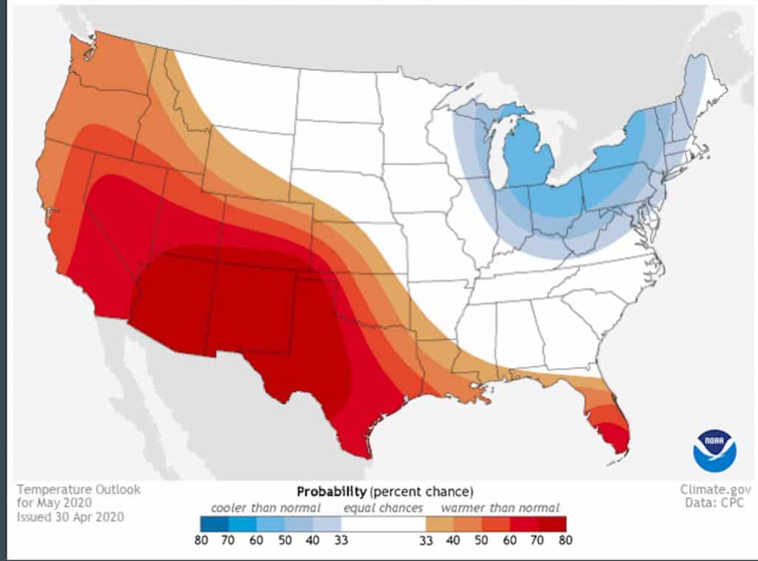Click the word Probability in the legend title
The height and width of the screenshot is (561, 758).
coord(331,491)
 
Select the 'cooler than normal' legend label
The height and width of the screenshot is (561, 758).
coord(266,508)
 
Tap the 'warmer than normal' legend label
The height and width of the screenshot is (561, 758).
coord(500,508)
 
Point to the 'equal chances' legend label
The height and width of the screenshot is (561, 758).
coord(382,508)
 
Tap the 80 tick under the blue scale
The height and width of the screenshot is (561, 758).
coord(201,540)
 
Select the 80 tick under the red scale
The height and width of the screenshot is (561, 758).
coord(566,540)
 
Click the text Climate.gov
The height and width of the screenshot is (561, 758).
coord(716,490)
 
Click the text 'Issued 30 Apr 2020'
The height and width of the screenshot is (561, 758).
coord(70,517)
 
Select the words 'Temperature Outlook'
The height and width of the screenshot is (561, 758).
coord(78,490)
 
